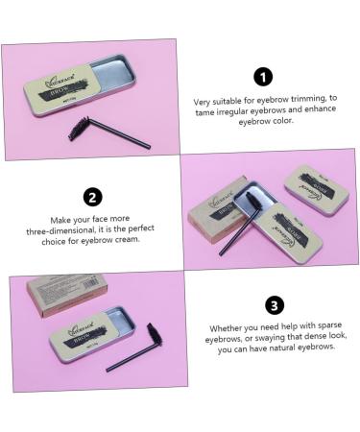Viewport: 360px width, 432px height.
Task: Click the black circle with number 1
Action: (263, 77)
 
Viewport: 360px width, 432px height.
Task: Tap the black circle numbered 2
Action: (93, 198)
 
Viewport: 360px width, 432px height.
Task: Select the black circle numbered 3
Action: (274, 306)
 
